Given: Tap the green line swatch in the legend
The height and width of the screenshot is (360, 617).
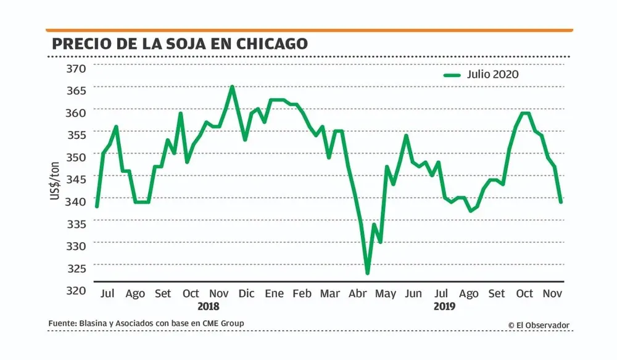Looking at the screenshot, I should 452,75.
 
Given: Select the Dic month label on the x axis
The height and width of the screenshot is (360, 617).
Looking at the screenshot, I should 246,293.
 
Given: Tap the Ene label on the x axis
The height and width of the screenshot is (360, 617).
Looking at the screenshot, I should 274,293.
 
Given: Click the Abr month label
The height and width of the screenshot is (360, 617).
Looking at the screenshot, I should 358,293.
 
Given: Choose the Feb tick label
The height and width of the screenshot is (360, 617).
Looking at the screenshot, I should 302,293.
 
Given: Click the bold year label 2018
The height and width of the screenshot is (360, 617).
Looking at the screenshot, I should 209,306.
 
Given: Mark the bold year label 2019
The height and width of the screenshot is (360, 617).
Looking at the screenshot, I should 444,306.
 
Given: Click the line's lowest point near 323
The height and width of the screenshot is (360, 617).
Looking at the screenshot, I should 368,272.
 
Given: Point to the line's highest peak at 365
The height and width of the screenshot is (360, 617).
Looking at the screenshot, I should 232,87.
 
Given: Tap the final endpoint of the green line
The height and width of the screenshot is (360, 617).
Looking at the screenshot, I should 561,201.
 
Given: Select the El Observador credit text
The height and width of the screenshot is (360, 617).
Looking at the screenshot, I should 539,325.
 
